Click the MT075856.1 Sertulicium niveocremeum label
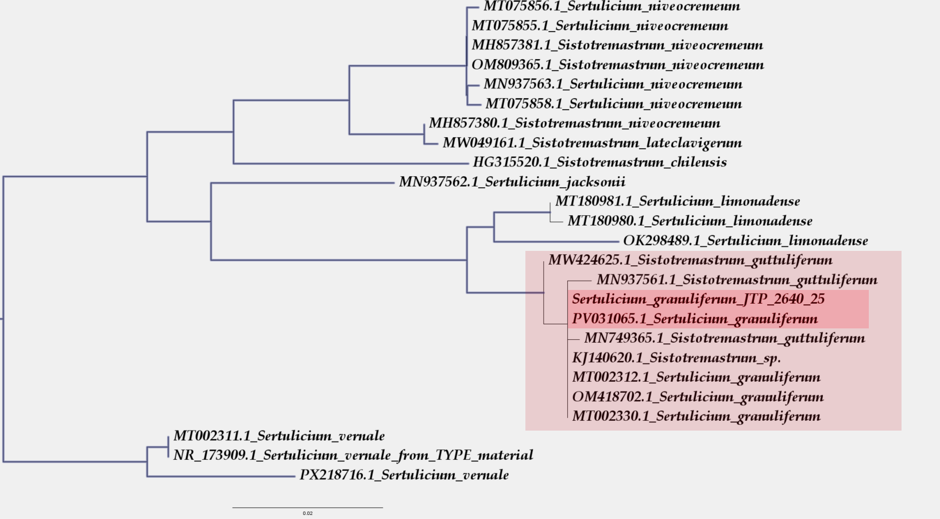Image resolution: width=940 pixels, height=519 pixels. click(612, 7)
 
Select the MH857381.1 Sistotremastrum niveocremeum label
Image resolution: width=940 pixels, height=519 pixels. click(617, 45)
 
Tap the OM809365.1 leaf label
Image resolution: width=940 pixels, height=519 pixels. click(617, 65)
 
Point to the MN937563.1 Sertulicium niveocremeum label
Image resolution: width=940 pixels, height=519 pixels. click(613, 84)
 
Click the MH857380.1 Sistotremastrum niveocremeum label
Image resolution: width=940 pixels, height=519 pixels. click(574, 123)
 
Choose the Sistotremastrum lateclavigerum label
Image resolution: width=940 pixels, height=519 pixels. click(592, 143)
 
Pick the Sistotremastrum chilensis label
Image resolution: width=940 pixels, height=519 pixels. click(599, 162)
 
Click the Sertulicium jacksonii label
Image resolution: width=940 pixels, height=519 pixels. click(512, 183)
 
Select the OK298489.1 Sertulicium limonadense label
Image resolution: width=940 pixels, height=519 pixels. click(745, 241)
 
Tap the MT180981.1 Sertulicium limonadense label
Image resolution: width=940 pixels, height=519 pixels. click(677, 202)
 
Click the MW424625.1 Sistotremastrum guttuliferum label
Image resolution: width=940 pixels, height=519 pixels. click(690, 261)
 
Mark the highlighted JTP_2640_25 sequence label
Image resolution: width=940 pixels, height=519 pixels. click(698, 299)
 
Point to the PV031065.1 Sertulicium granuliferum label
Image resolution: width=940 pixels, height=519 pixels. click(695, 319)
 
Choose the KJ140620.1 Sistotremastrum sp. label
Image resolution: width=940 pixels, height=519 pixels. click(676, 358)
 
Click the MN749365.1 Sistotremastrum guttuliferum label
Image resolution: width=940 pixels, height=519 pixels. click(724, 338)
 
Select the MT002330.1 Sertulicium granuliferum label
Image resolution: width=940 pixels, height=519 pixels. click(696, 416)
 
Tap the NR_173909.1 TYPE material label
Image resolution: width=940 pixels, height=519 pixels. click(353, 455)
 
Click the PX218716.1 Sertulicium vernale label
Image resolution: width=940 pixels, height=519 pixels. click(404, 475)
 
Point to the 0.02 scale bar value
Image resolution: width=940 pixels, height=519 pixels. click(308, 513)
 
